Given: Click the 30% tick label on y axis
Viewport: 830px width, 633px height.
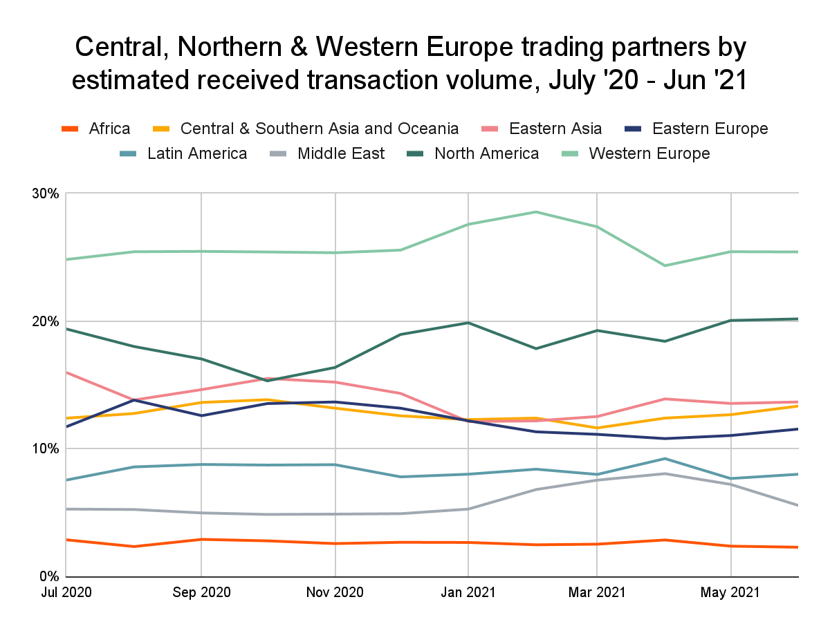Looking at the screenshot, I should (x=45, y=193).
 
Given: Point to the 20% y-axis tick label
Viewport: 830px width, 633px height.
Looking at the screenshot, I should (x=45, y=321).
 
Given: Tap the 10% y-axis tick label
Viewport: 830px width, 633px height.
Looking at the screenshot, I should (x=45, y=449).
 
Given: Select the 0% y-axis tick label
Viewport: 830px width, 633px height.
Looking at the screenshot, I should (x=48, y=576).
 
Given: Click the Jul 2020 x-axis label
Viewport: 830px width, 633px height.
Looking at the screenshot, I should (x=66, y=593).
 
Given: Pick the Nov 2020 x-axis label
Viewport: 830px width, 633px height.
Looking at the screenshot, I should (x=335, y=593).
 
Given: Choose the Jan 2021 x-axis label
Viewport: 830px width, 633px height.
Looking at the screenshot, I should (x=468, y=593).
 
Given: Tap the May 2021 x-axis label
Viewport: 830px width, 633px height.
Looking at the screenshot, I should (x=730, y=593).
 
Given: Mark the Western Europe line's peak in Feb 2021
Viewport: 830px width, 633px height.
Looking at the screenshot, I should (x=535, y=211).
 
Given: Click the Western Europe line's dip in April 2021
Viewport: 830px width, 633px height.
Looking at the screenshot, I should (x=664, y=265).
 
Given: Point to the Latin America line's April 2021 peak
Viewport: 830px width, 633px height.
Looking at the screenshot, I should (x=664, y=458).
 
